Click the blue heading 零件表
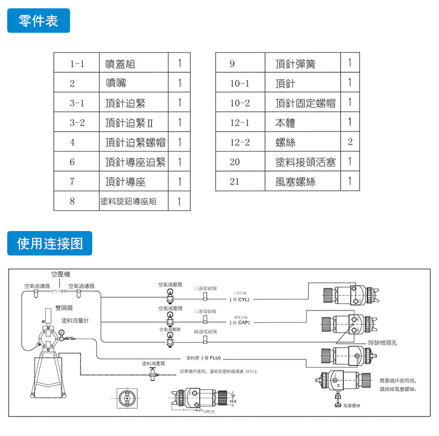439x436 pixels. (38, 21)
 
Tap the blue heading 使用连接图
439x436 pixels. (49, 243)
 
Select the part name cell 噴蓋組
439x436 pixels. (121, 64)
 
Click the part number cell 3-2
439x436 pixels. (77, 123)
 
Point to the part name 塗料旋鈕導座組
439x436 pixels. (128, 201)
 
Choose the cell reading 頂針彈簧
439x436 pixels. (295, 64)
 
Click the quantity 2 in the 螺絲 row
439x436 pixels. (350, 142)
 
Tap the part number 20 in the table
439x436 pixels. (235, 162)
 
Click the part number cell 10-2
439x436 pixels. (240, 103)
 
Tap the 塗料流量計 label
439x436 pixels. (74, 320)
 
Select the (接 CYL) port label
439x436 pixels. (240, 299)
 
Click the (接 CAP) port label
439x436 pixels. (240, 323)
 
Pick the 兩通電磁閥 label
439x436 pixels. (206, 332)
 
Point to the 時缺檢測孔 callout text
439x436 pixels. (383, 343)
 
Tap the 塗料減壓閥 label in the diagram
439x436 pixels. (153, 363)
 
